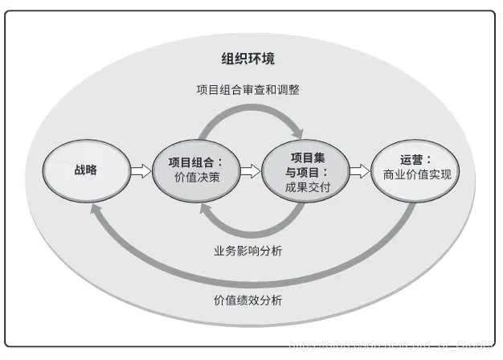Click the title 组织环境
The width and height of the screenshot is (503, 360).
(x=247, y=58)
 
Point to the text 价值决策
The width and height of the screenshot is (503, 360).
(x=196, y=178)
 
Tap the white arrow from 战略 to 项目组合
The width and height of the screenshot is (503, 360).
(x=139, y=170)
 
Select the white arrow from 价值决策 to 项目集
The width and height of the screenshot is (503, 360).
(x=250, y=170)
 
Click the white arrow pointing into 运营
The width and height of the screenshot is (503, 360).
(x=359, y=170)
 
